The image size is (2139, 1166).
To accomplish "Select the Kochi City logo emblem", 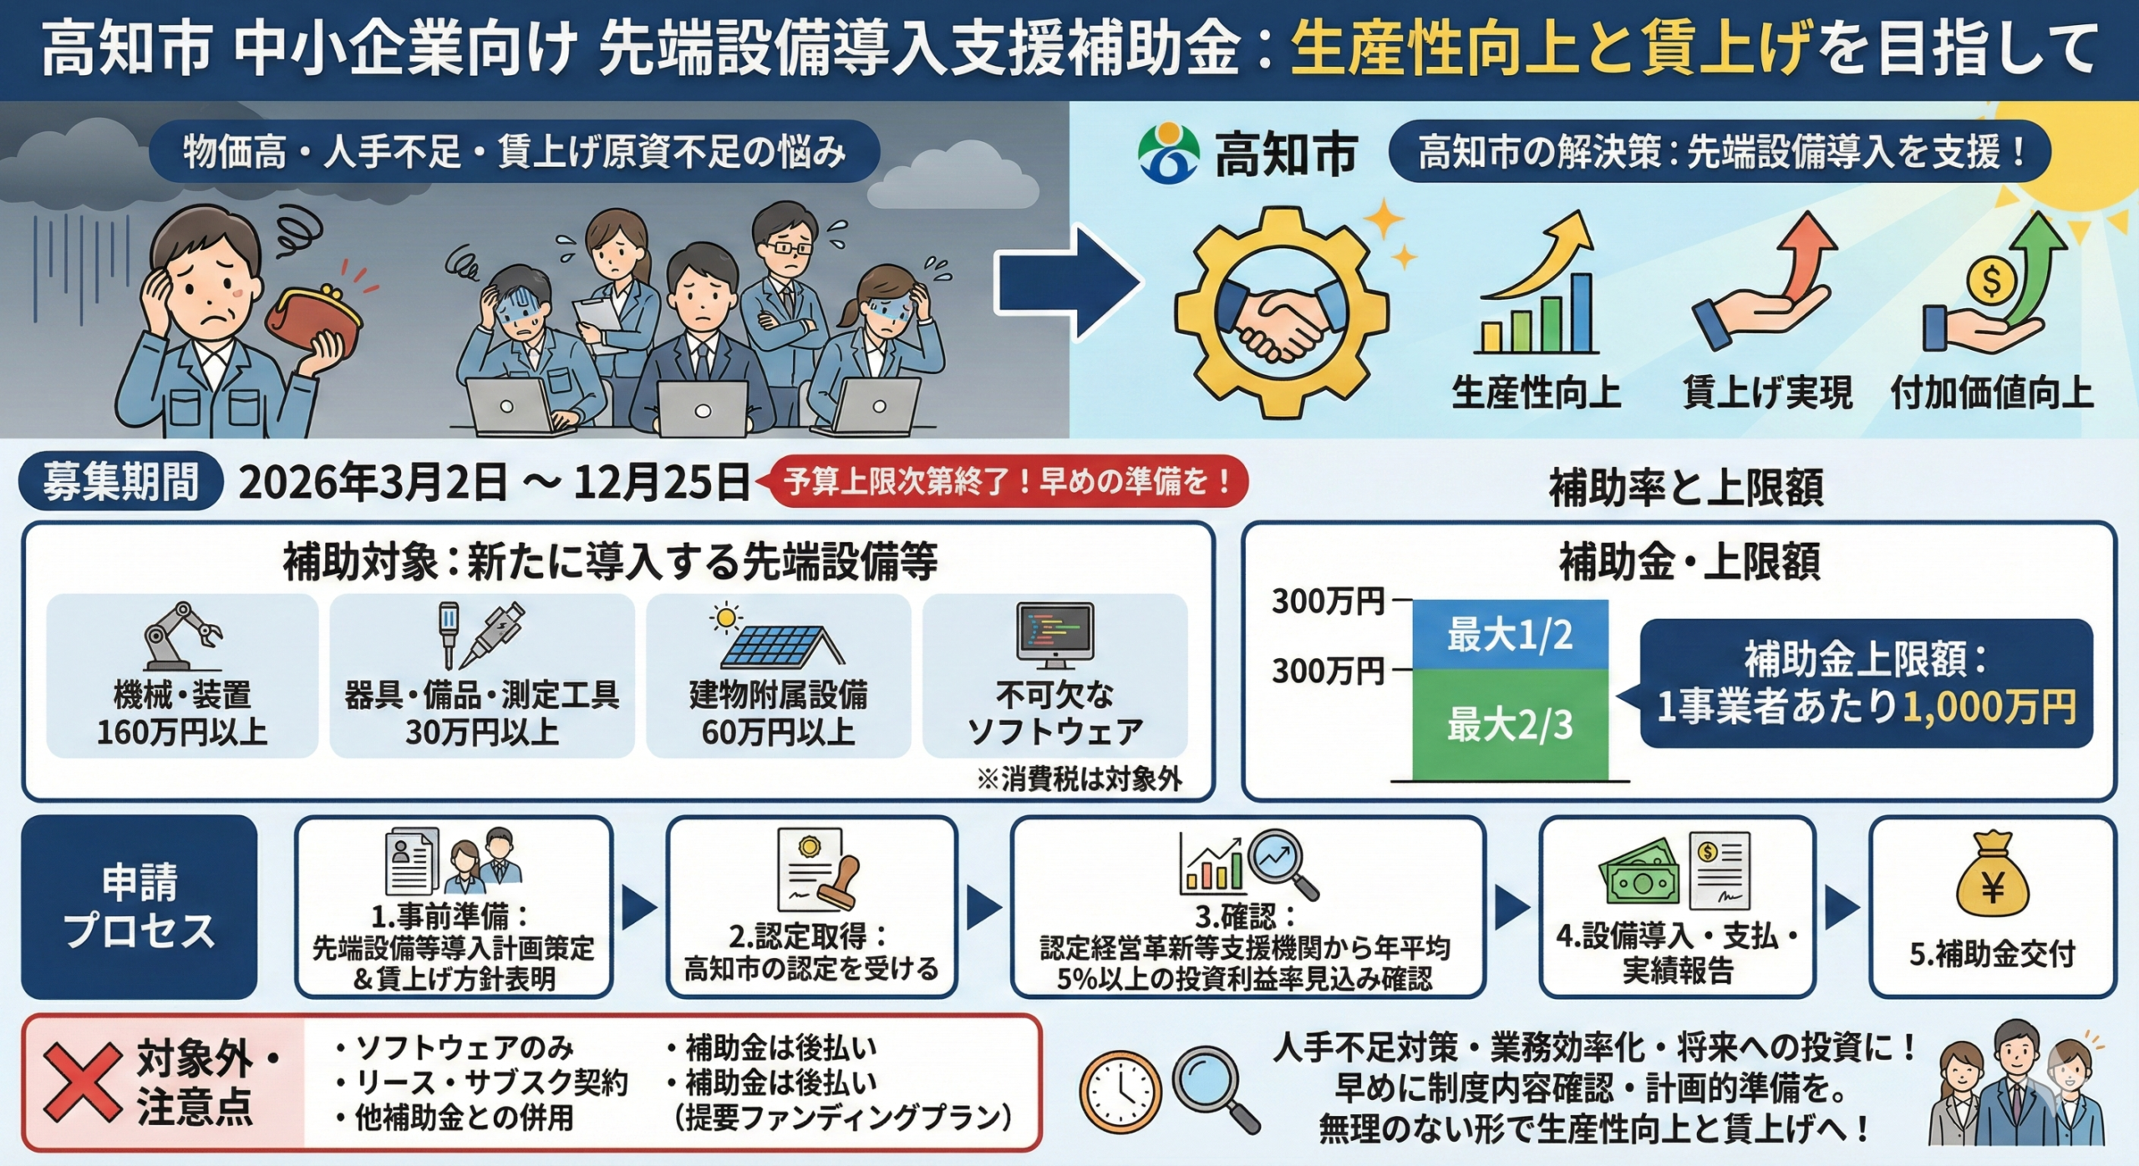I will (1167, 154).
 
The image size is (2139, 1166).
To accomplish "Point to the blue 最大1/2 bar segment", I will (1509, 635).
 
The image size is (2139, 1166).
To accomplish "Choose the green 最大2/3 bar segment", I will (1509, 723).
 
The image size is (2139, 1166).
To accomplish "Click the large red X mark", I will (82, 1082).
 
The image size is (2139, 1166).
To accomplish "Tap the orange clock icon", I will (1120, 1091).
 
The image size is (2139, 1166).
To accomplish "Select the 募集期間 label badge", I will (120, 482).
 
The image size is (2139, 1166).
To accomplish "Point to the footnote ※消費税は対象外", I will (1080, 779).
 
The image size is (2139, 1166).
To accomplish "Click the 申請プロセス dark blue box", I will (140, 906).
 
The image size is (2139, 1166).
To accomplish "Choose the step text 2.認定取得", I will (808, 936).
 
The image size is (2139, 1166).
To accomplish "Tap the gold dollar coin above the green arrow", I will (1991, 281).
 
